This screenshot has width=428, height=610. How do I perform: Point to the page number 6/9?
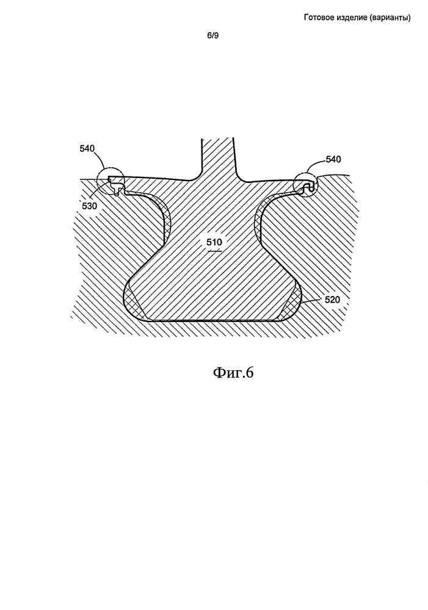[x=213, y=36]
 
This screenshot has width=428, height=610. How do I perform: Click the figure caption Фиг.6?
[x=233, y=373]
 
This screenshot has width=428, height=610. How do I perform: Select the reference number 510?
[x=214, y=242]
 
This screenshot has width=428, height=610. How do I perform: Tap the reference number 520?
[x=332, y=300]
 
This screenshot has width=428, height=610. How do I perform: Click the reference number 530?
[x=90, y=206]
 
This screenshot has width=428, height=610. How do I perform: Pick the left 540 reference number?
[x=87, y=148]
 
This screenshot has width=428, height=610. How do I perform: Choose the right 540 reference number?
[x=333, y=159]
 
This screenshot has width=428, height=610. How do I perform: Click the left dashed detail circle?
[x=97, y=181]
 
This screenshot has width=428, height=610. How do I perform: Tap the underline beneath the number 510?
[x=214, y=251]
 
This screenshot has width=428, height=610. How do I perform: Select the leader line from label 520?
[x=311, y=301]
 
